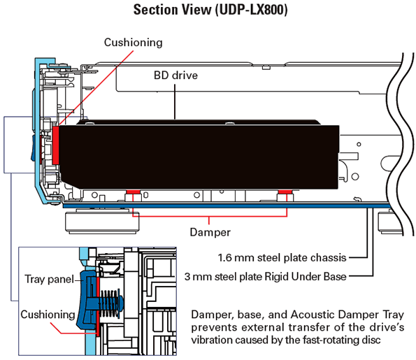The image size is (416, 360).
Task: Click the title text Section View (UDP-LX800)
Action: tap(210, 10)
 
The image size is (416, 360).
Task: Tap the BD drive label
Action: tap(175, 75)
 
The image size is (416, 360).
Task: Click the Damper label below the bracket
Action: tap(210, 232)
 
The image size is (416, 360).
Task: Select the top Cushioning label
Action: tap(133, 43)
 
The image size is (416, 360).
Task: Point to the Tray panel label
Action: tap(50, 279)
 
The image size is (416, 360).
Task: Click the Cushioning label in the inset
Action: tap(48, 315)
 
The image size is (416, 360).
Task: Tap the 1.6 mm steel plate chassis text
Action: tap(282, 258)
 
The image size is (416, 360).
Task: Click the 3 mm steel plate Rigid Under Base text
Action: tap(265, 277)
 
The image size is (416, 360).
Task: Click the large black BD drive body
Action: tap(199, 157)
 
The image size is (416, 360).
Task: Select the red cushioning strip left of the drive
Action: tap(56, 145)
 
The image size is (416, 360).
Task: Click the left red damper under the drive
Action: tap(133, 192)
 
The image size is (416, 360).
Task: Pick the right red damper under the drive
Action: tap(285, 192)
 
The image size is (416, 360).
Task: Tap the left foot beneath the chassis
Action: tap(102, 221)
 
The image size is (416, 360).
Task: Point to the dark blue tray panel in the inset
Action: tap(85, 301)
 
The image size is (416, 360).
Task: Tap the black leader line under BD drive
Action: tap(175, 101)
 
